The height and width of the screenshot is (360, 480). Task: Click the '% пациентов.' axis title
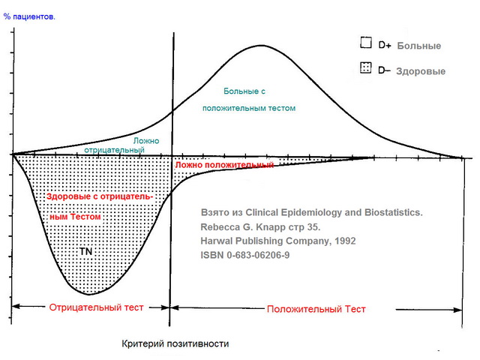[x=28, y=16]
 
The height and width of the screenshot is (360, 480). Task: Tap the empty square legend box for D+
[x=367, y=43]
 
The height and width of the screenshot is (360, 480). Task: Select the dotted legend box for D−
[x=367, y=69]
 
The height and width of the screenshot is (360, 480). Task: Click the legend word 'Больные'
[x=418, y=46]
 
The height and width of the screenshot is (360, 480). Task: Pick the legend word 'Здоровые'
[x=421, y=71]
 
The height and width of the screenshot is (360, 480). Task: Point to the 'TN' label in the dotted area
[x=86, y=251]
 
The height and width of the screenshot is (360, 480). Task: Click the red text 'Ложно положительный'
[x=223, y=164]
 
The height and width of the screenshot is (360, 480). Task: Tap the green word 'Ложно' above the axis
[x=145, y=141]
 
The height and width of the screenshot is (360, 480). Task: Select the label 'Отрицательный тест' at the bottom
[x=95, y=307]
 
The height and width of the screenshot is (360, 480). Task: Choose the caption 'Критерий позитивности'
[x=175, y=343]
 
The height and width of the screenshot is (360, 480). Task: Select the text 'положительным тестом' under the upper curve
[x=249, y=109]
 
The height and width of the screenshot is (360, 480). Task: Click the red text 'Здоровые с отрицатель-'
[x=99, y=196]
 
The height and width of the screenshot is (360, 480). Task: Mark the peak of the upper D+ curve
[x=260, y=46]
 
